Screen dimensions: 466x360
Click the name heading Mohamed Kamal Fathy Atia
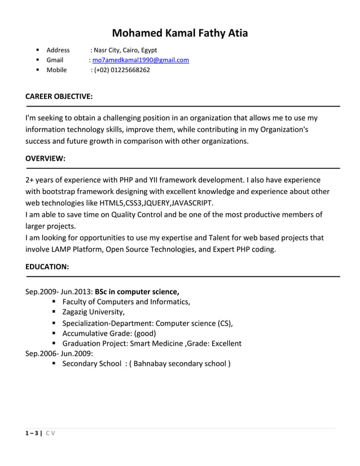[179, 33]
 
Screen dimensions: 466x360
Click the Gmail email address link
[141, 60]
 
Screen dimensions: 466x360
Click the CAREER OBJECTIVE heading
[59, 96]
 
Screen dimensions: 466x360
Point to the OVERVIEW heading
[46, 159]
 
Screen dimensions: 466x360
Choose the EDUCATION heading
[47, 267]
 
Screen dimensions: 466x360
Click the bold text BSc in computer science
[137, 292]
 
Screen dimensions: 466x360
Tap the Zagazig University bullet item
[94, 312]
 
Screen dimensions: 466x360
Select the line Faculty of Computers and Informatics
[126, 302]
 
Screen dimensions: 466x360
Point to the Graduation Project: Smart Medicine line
[151, 343]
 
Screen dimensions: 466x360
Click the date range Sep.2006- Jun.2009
[59, 354]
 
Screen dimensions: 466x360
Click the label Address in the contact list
[58, 50]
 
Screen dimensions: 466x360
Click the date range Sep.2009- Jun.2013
[59, 292]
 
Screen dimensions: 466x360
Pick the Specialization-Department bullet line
[147, 323]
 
